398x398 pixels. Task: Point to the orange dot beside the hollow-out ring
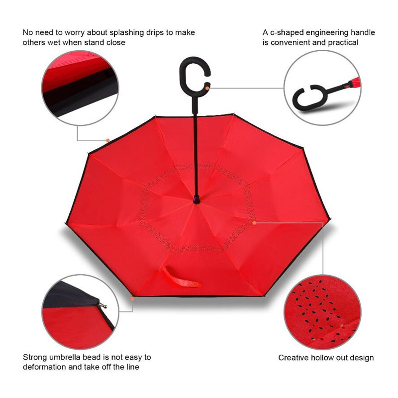254,222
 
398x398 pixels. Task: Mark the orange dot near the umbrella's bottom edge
132,299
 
